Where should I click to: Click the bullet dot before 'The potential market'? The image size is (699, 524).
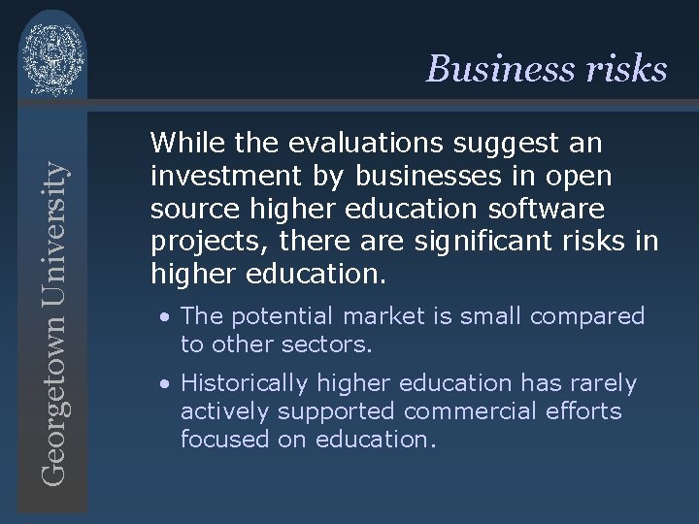[x=168, y=316]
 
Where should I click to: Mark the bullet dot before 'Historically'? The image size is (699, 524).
[x=168, y=384]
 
